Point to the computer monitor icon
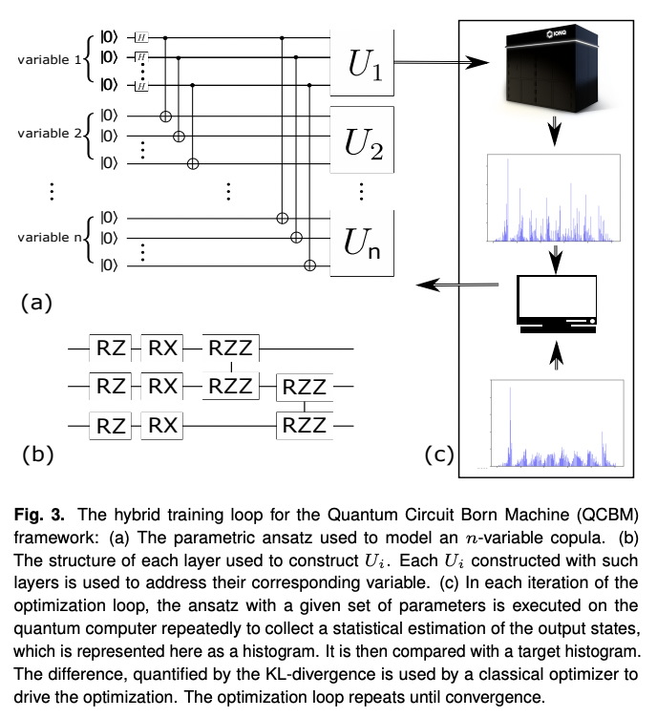coord(556,304)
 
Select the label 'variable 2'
coord(56,134)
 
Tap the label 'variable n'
coord(56,237)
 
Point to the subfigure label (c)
coord(438,454)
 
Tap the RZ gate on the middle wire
coord(110,386)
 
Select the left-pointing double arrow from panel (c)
coord(455,284)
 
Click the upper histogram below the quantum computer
coord(556,201)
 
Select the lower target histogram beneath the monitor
coord(556,425)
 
